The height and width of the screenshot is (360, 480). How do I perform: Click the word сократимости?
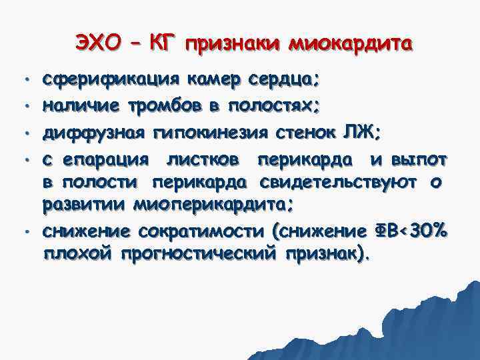(202, 233)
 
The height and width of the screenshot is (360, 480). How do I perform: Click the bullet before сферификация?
(24, 82)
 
